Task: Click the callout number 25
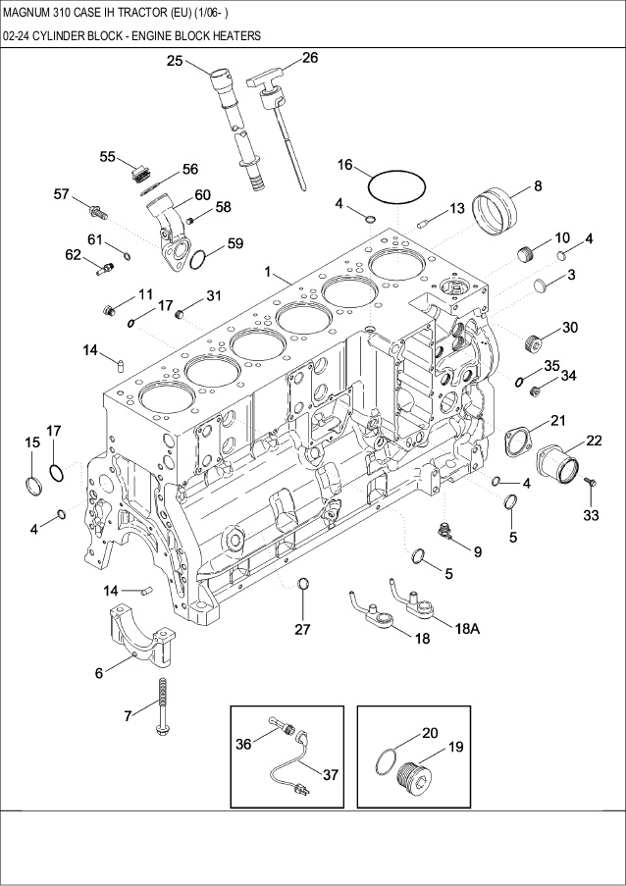pyautogui.click(x=175, y=61)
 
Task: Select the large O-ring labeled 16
pyautogui.click(x=396, y=185)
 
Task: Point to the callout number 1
pyautogui.click(x=266, y=270)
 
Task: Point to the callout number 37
pyautogui.click(x=331, y=775)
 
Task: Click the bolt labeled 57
pyautogui.click(x=99, y=209)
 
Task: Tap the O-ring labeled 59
pyautogui.click(x=197, y=260)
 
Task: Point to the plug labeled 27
pyautogui.click(x=303, y=587)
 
